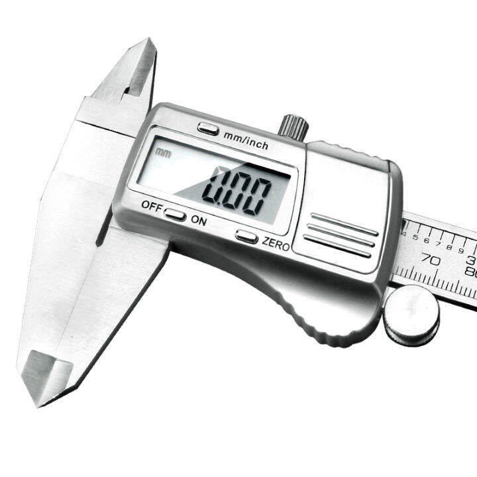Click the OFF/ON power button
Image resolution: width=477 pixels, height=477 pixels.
pyautogui.click(x=175, y=215)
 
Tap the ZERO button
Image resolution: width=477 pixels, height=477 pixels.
pyautogui.click(x=246, y=236)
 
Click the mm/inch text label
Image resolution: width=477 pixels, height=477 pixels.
pyautogui.click(x=246, y=140)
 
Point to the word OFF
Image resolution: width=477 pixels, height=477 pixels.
pyautogui.click(x=150, y=206)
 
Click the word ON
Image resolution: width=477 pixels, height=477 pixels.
pyautogui.click(x=199, y=221)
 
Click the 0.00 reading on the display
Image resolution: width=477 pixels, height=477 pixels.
pyautogui.click(x=238, y=189)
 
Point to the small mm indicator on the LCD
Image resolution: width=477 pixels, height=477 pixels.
pyautogui.click(x=162, y=152)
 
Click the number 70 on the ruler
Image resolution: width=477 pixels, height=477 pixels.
pyautogui.click(x=431, y=260)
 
